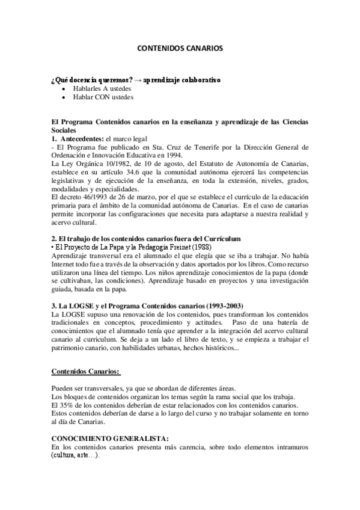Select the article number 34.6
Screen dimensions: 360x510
coord(129,173)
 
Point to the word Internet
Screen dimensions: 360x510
coord(66,265)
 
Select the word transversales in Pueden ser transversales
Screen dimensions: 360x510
coord(104,388)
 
